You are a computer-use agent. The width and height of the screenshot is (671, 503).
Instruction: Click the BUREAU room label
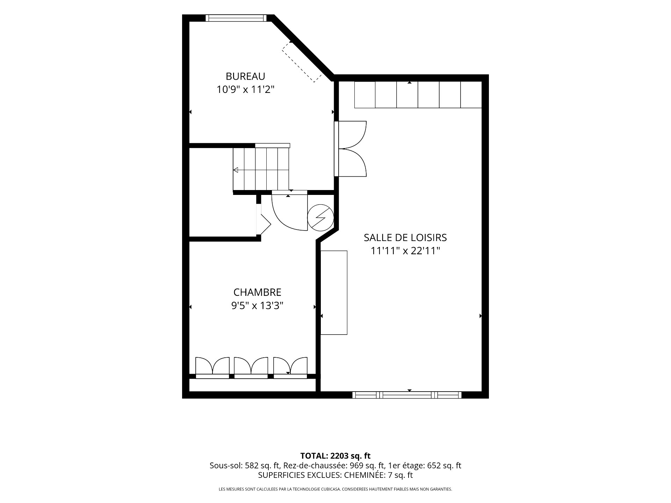point(245,76)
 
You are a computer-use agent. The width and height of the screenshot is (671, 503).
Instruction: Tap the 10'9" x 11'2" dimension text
point(245,90)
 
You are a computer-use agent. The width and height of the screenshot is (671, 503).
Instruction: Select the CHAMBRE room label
point(257,292)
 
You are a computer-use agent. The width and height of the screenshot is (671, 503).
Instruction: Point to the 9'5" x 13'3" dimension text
point(257,306)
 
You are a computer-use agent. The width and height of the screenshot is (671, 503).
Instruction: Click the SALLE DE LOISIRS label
point(405,238)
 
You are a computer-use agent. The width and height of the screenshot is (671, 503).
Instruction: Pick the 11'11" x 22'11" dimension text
point(405,251)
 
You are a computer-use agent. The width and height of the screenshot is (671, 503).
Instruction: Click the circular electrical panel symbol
point(320,218)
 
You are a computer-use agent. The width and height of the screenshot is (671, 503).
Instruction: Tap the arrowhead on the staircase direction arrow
point(236,170)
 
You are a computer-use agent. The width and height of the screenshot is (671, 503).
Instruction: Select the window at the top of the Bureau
point(236,18)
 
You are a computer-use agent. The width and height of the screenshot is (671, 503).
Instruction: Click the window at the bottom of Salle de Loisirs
point(407,395)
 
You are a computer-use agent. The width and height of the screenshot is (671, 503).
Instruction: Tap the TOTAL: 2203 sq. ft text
point(335,456)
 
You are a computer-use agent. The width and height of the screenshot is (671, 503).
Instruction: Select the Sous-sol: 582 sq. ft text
point(245,466)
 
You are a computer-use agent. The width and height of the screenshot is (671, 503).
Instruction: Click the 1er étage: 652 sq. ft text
point(425,466)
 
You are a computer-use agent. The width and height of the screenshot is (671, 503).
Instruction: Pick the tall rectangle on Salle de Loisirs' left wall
point(334,293)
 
